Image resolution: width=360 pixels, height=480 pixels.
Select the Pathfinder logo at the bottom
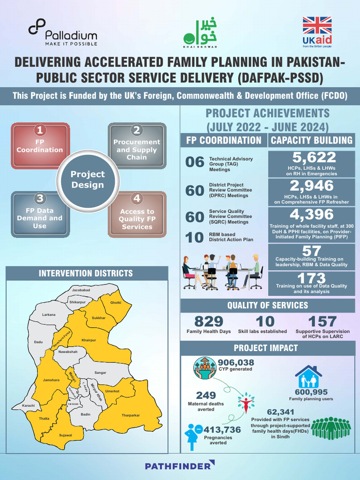180,465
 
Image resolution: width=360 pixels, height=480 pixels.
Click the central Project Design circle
88,180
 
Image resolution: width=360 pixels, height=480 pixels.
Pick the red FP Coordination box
40,146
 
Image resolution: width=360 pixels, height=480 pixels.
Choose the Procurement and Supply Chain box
137,146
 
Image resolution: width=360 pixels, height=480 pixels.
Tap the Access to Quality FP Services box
137,215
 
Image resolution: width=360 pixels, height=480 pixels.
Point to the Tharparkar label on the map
131,414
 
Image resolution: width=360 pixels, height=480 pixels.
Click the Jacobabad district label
81,291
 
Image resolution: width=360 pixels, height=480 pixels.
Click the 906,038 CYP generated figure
236,362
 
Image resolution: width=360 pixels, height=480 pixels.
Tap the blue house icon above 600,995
308,377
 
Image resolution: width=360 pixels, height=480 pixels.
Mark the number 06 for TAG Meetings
195,163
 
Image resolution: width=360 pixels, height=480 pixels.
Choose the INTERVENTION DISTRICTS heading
86,273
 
